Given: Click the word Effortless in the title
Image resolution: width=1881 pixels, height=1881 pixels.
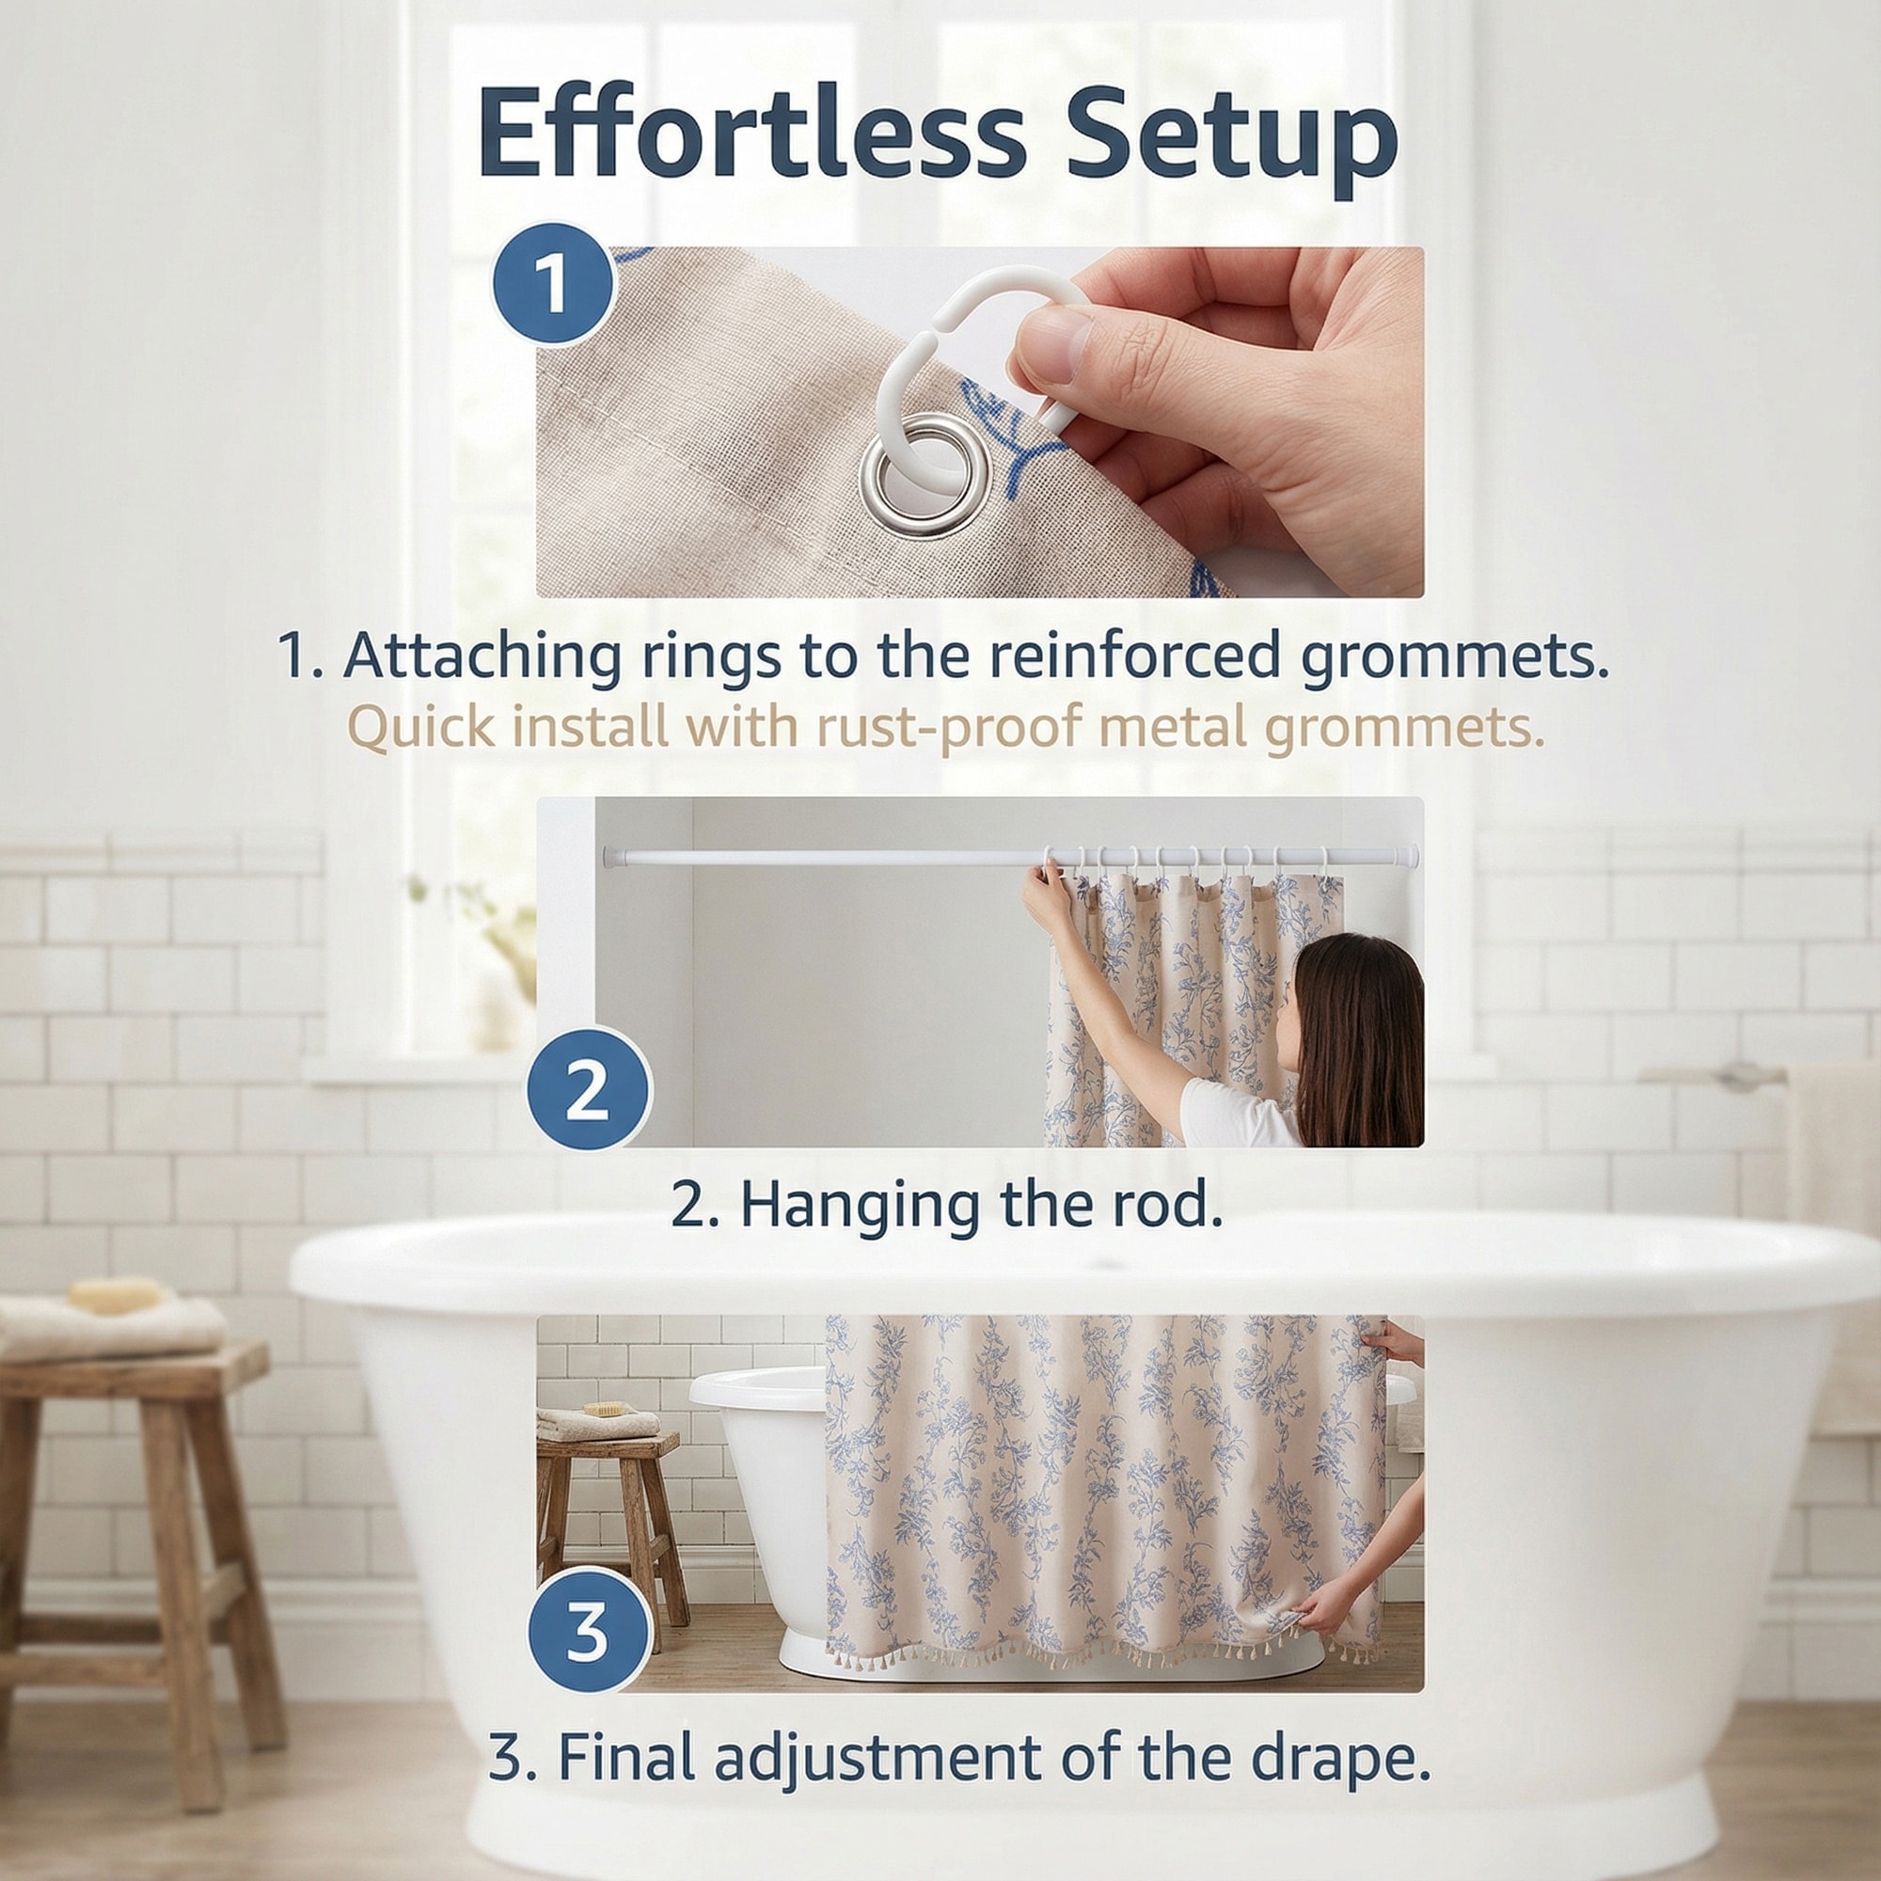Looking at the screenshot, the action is (x=751, y=133).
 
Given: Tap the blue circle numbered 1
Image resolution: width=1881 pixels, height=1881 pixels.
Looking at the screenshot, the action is (x=552, y=284).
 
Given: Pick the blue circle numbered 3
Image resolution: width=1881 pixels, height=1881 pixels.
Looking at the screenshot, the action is (x=588, y=1632).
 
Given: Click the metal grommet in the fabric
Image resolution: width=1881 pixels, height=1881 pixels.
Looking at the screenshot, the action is (x=925, y=475).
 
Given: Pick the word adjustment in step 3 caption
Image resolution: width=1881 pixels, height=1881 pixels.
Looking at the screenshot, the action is (x=879, y=1761).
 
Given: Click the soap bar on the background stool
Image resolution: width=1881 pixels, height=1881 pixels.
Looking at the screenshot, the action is (x=116, y=1295).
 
